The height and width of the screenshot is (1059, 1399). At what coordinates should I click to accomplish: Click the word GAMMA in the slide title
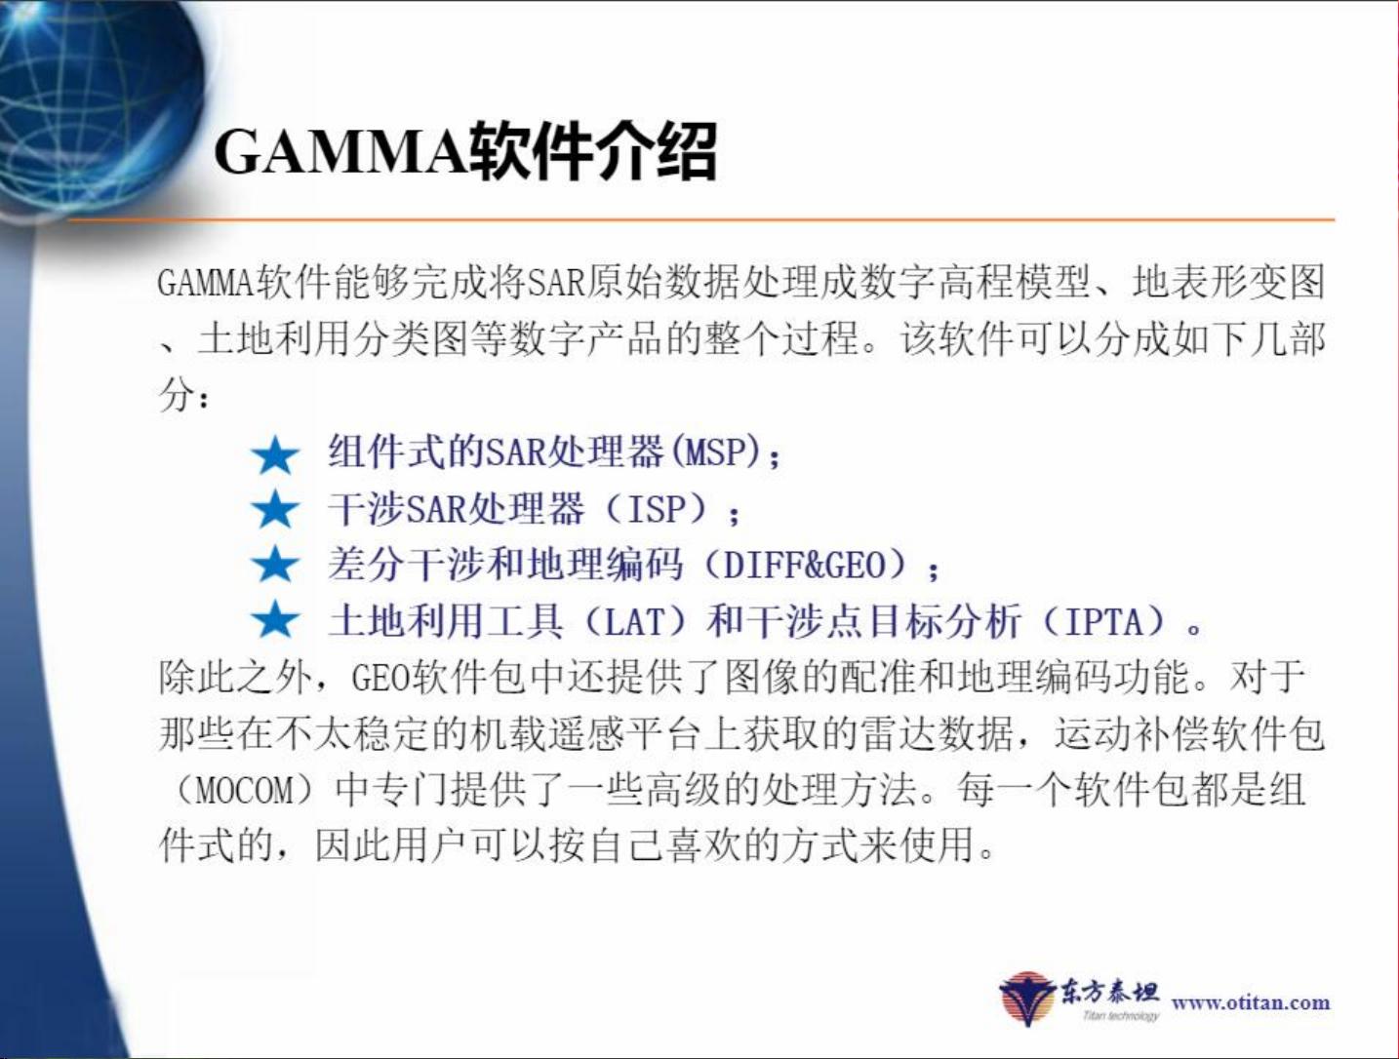pos(340,151)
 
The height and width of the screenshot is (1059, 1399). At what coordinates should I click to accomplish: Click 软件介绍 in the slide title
pos(593,151)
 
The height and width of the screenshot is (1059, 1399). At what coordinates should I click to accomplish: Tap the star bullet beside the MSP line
pos(275,454)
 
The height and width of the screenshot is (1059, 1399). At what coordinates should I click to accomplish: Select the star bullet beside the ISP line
pos(275,510)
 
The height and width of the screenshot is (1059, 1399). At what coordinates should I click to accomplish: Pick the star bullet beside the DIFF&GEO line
pos(275,566)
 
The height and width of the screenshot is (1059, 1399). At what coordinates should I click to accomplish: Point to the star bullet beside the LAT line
pos(275,621)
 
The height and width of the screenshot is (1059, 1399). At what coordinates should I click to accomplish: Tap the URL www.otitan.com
pos(1250,1002)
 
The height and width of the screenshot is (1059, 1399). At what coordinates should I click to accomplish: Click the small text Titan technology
pos(1120,1016)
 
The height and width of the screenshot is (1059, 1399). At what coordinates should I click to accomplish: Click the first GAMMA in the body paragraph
pos(204,284)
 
